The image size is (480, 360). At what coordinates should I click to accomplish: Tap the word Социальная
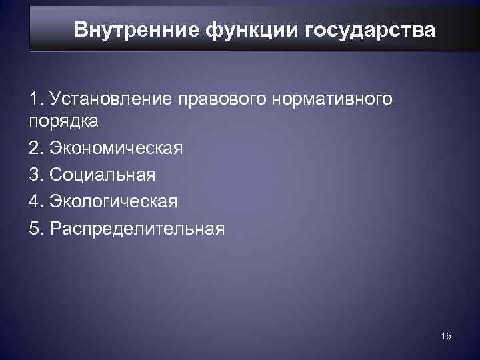coord(101,175)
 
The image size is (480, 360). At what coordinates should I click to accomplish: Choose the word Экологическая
coord(112,201)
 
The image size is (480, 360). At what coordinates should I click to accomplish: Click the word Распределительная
coord(136,228)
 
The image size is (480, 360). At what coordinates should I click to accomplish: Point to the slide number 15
coord(446,337)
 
